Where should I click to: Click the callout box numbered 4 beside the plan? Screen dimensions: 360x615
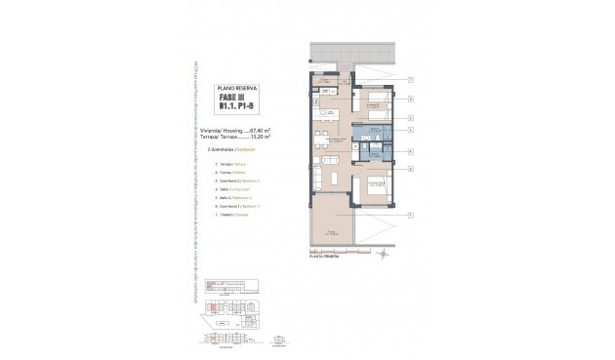(x=411, y=151)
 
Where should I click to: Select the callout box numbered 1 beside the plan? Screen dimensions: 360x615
(x=411, y=214)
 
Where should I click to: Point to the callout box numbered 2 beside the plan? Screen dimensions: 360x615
(x=411, y=100)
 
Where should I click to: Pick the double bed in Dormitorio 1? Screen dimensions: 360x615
(x=377, y=187)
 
